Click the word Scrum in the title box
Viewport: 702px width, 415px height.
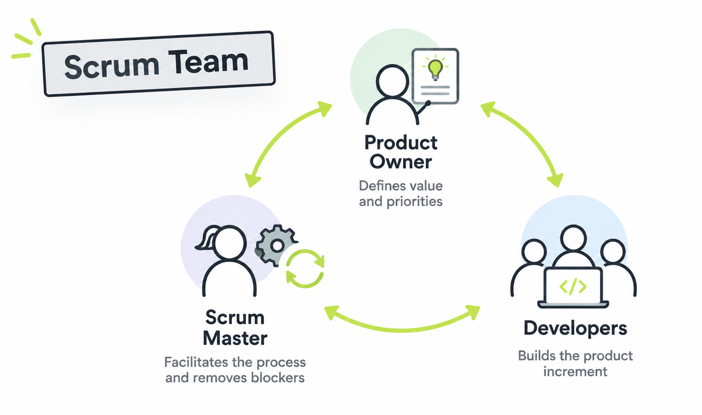(112, 66)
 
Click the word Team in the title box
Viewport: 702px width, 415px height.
(208, 62)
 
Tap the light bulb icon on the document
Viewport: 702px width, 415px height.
(435, 68)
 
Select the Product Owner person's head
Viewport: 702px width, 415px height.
(392, 81)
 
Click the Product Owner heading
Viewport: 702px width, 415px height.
(401, 152)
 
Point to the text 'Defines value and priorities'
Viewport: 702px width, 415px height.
(401, 194)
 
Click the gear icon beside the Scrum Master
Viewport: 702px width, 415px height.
(276, 246)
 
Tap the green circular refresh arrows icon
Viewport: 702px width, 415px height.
(305, 269)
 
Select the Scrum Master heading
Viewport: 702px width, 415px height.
(235, 328)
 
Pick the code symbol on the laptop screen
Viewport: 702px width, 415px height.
(573, 286)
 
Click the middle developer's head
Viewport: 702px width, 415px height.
(573, 238)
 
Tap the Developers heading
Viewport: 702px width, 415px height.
(576, 329)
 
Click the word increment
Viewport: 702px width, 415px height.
(576, 372)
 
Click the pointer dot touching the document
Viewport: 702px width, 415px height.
(428, 103)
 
